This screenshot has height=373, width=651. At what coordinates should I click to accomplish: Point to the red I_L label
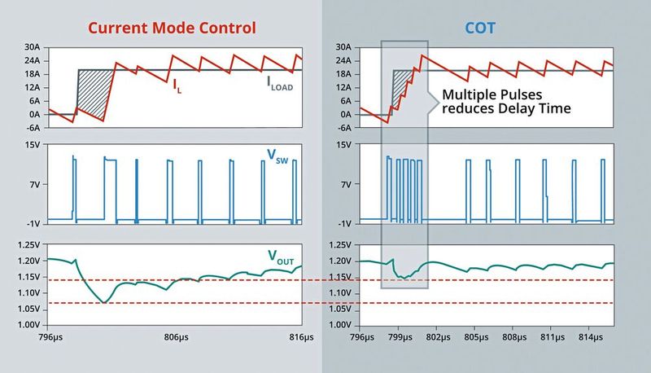coord(177,85)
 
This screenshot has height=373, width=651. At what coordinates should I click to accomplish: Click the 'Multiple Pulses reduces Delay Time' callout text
coord(503,101)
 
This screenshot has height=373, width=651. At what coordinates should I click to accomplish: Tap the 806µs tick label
coord(176,336)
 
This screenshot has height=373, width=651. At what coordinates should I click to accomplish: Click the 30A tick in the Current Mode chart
coord(32,47)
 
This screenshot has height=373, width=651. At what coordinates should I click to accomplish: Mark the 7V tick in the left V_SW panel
coord(35,184)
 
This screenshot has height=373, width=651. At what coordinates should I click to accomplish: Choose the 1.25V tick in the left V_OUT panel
coord(28,244)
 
